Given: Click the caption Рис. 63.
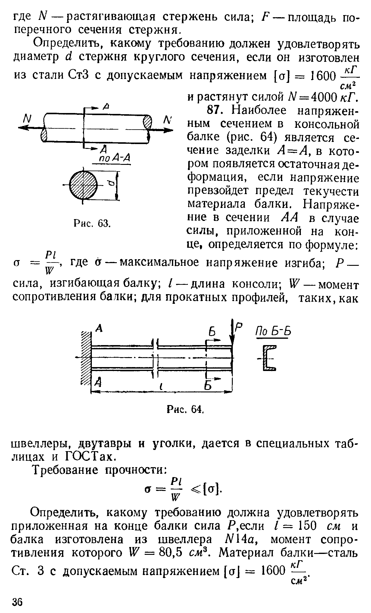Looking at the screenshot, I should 92,223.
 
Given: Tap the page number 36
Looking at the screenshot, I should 17,601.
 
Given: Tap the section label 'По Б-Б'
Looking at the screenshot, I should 274,332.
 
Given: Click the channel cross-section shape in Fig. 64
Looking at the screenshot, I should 269,358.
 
